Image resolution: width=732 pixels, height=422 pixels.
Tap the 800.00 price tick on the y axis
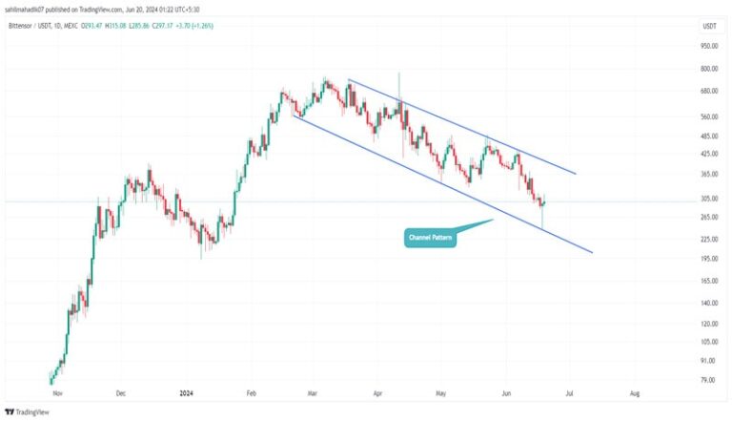coord(707,69)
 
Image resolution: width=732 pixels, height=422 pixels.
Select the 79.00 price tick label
coord(708,380)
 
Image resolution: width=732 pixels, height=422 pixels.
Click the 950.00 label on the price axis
coord(707,46)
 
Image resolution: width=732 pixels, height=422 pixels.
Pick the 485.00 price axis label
coord(707,136)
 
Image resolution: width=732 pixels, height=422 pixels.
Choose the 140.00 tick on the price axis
coord(707,303)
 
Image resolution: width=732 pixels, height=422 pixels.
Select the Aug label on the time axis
coord(634,392)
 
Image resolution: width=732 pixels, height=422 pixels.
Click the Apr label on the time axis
coord(377,392)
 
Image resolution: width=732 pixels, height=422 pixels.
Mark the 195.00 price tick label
coord(707,259)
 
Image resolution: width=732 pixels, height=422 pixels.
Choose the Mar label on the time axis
coord(314,392)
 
